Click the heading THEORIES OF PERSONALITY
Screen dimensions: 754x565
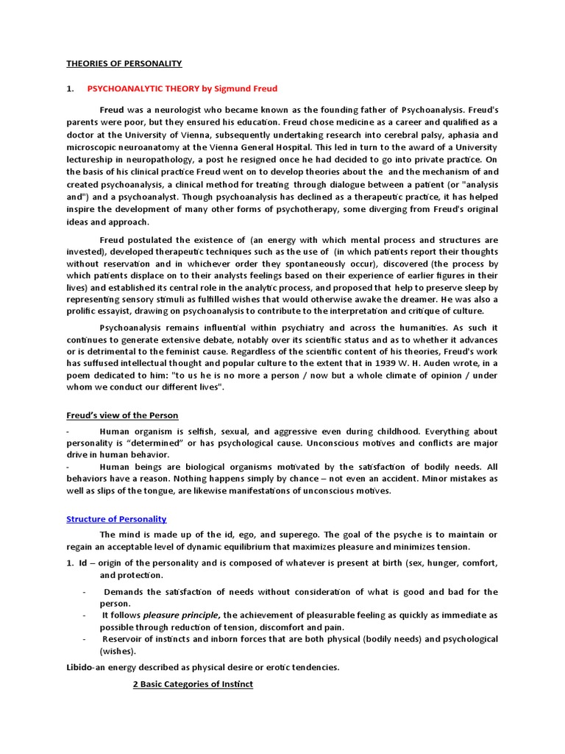124,63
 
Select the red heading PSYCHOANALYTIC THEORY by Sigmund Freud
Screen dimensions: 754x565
182,89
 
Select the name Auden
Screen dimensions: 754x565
452,364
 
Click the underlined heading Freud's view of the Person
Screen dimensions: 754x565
122,415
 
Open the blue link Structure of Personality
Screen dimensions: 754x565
116,519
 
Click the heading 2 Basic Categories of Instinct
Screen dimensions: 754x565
192,684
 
